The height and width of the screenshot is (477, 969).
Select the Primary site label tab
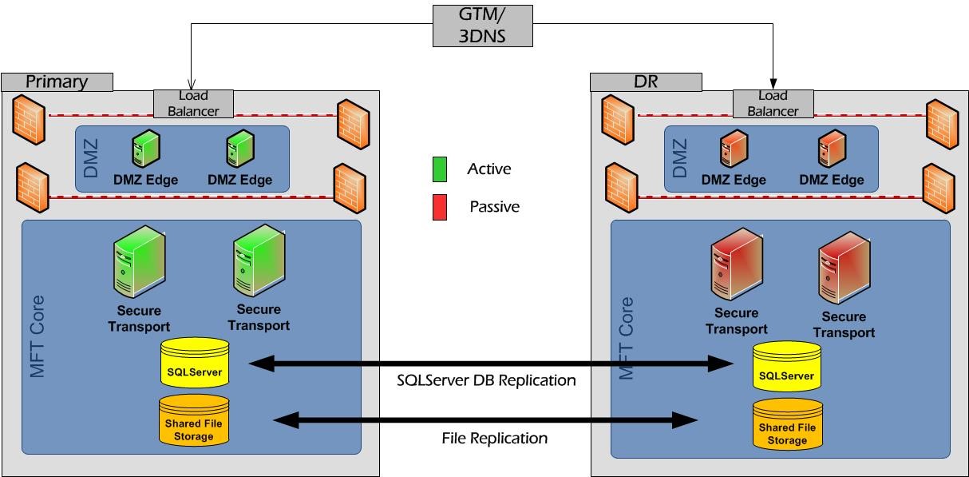(x=57, y=81)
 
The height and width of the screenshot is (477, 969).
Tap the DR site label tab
(x=646, y=81)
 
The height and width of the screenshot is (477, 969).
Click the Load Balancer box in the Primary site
(x=193, y=102)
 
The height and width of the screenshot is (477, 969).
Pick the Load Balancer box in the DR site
(x=773, y=102)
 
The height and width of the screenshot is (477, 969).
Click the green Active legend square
(x=439, y=169)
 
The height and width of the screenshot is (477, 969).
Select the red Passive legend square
(x=439, y=207)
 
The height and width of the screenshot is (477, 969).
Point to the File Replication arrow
(x=485, y=419)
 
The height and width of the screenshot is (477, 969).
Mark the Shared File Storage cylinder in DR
(x=787, y=423)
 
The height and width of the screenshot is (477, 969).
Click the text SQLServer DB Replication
(x=485, y=381)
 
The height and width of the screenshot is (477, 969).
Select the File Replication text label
(x=494, y=438)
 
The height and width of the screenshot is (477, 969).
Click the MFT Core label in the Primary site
(x=37, y=336)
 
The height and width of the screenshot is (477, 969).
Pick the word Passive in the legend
(x=494, y=207)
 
